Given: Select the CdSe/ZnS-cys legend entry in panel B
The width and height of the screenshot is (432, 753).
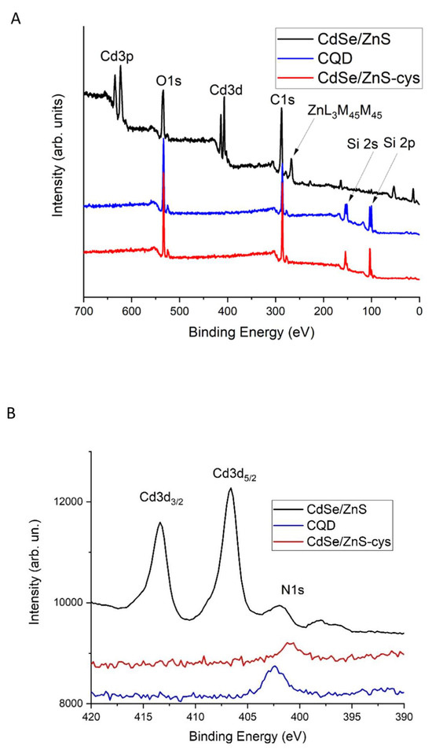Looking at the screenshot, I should pos(353,543).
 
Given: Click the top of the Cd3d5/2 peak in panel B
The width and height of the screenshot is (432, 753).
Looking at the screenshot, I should pos(230,489).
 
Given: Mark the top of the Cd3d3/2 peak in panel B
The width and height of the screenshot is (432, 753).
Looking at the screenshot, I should pos(160,523).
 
